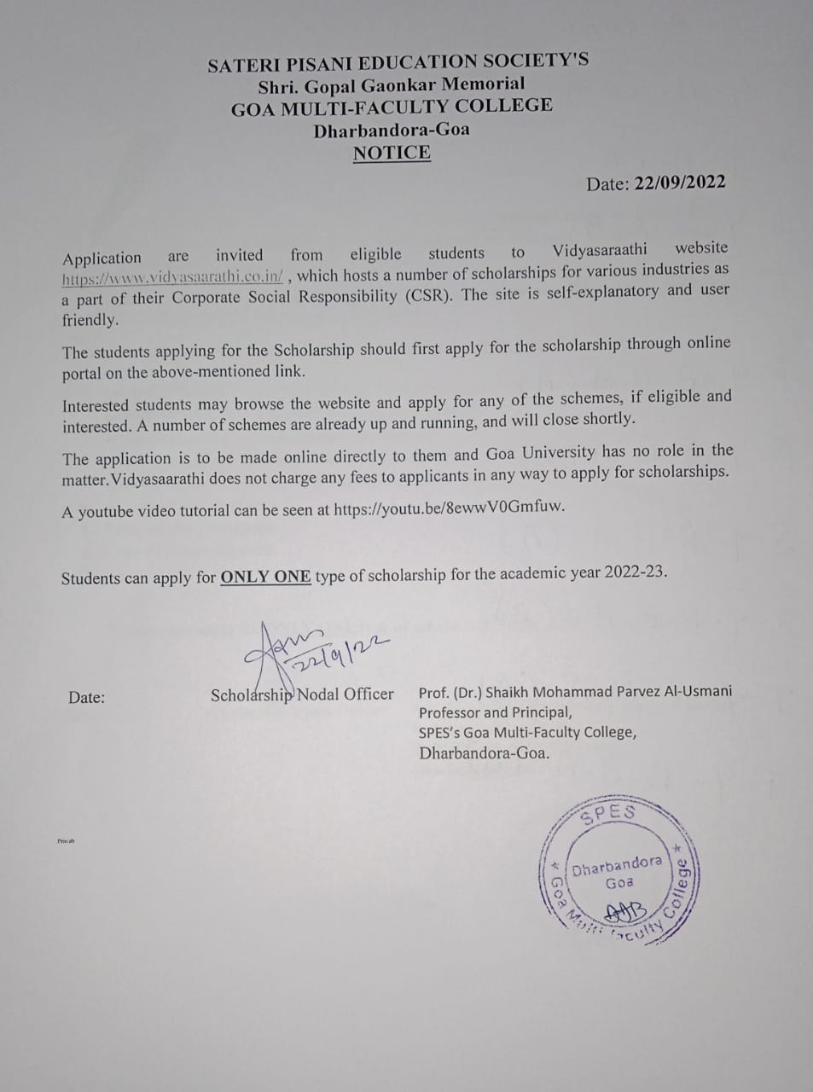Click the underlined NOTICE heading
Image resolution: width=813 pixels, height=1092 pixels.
pos(392,153)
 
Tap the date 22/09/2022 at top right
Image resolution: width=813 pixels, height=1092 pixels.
pos(679,183)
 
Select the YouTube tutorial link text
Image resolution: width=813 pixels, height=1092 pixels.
pos(449,507)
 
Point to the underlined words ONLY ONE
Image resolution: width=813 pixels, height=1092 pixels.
pos(265,576)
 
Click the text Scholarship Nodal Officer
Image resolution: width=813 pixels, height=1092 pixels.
pos(302,694)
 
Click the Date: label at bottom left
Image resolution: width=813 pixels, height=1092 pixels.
pos(86,697)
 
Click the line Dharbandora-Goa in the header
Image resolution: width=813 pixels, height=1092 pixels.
pos(391,131)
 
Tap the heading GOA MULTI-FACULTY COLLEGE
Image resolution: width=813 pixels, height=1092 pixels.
pos(392,107)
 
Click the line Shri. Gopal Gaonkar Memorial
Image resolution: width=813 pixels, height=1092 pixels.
pos(392,84)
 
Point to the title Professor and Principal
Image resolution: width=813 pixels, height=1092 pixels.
pos(495,712)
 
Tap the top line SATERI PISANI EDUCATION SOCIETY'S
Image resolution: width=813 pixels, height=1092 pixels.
pos(398,62)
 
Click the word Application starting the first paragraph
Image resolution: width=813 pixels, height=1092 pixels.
pos(102,258)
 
